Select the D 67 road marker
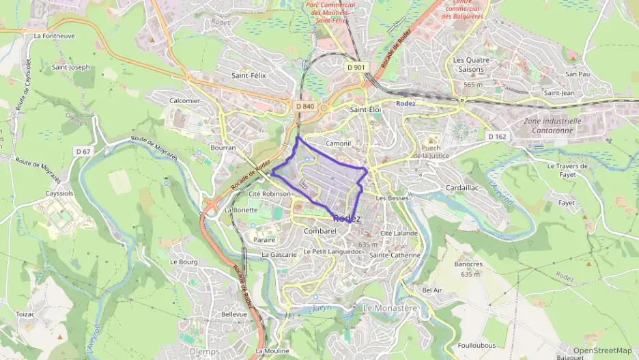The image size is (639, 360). tap(83, 151)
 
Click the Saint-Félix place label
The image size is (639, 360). tap(248, 75)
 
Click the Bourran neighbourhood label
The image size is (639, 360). tap(223, 148)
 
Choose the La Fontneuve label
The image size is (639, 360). tap(53, 36)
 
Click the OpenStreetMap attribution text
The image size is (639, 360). tap(602, 350)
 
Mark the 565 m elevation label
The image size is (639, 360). tap(473, 84)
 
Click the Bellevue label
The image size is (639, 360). tap(234, 314)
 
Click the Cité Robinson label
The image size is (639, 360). tap(270, 194)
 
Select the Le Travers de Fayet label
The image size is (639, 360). tap(567, 170)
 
